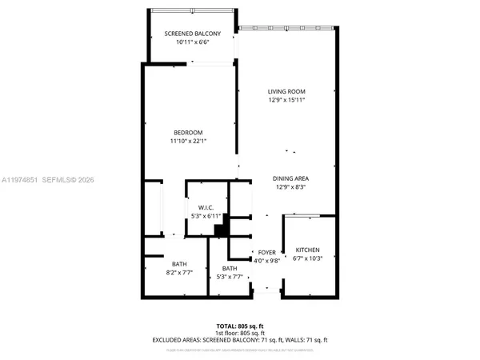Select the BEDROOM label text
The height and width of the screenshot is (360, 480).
(x=188, y=132)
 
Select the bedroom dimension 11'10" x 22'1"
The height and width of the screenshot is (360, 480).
(x=188, y=141)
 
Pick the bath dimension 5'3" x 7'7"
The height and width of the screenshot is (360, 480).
(x=230, y=278)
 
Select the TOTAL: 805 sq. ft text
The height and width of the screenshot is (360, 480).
(x=240, y=326)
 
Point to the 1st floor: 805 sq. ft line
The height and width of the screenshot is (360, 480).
(x=240, y=333)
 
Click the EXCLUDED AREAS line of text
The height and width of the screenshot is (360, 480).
(x=240, y=340)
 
